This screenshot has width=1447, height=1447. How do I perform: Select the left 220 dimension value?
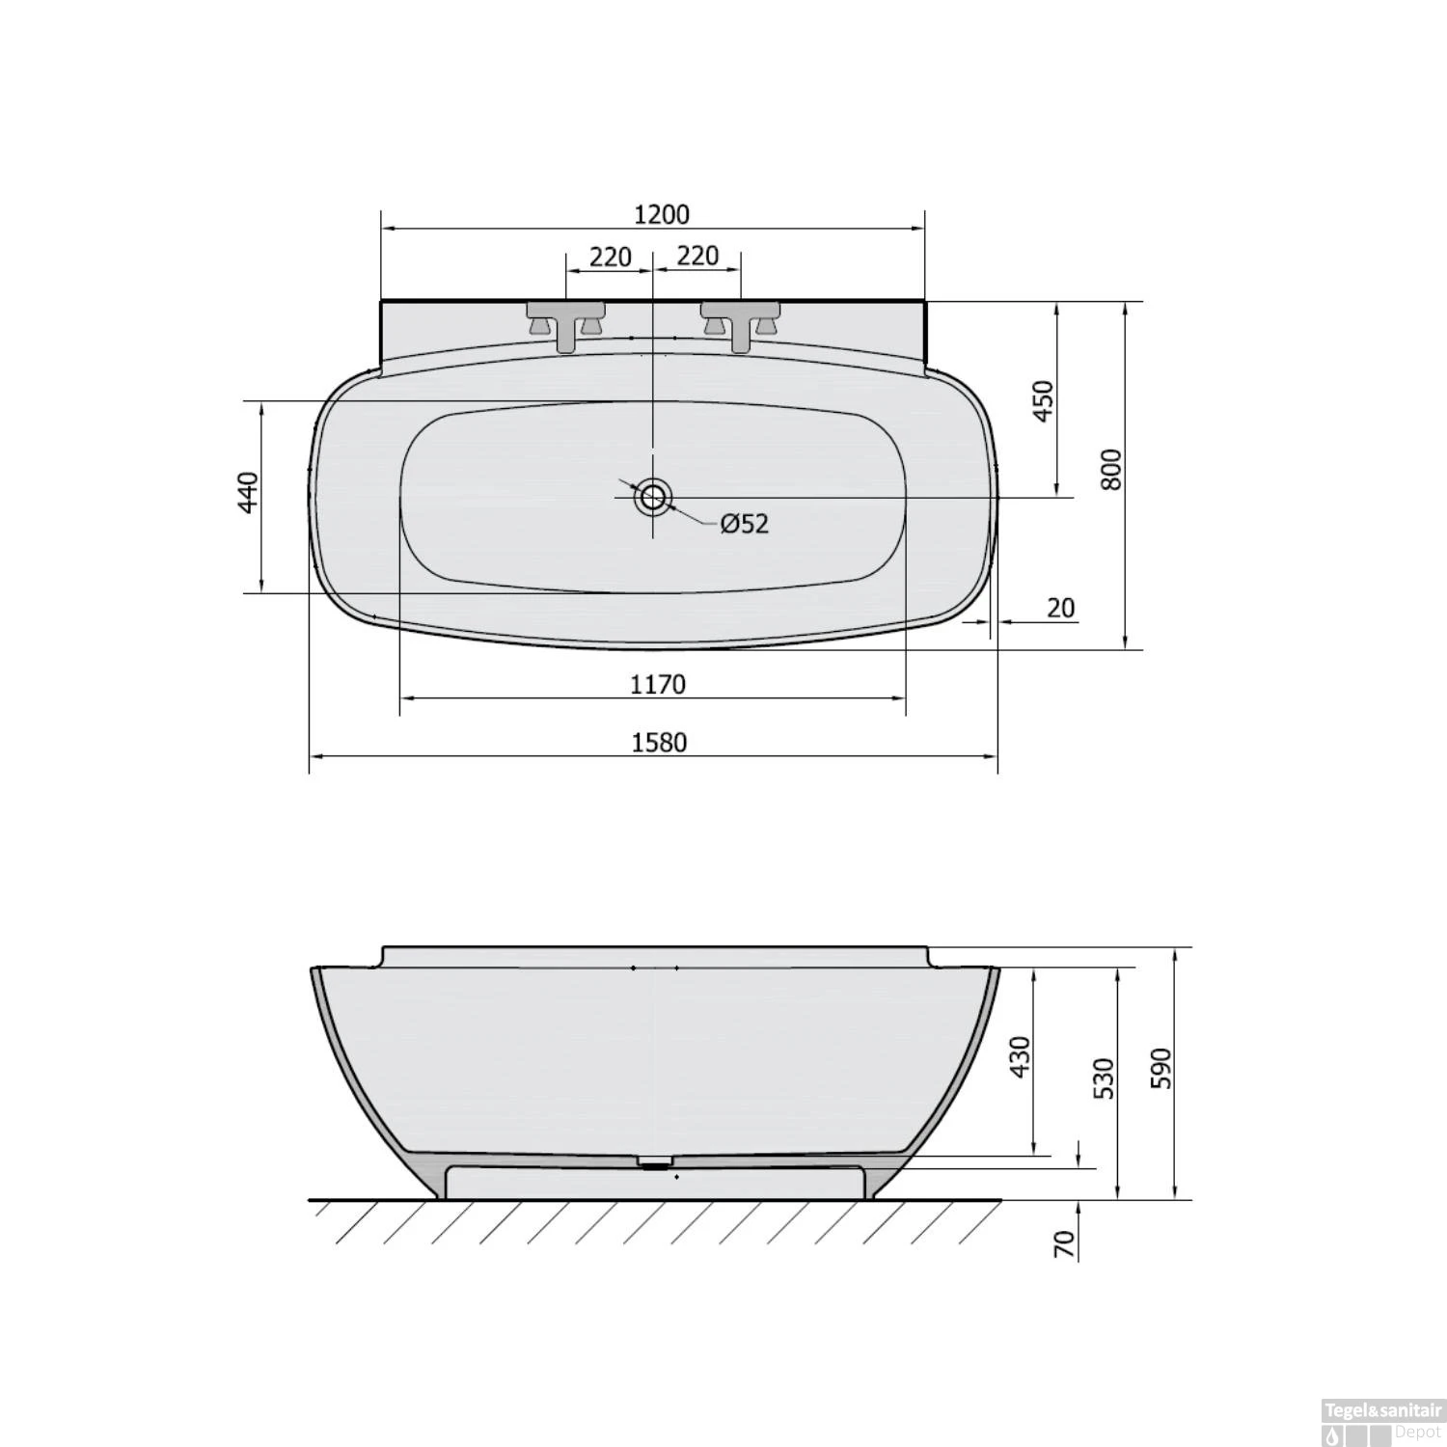pos(610,257)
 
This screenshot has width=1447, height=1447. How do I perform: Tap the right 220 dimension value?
pos(697,255)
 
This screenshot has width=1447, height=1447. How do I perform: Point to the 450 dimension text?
pos(1044,400)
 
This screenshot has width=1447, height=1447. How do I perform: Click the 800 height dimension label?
pos(1111,470)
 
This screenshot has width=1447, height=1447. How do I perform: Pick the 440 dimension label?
pos(249,492)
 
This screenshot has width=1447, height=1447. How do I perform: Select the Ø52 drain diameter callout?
pos(744,523)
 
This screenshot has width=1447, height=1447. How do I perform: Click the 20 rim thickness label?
pos(1060,608)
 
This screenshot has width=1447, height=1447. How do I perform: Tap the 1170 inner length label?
pos(658,684)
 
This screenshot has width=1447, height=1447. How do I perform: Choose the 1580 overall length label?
pos(660,742)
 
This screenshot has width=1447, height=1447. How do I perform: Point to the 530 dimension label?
pos(1105,1078)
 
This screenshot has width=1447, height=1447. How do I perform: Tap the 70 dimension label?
pos(1064,1243)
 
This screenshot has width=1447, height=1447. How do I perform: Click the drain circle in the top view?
pos(653,497)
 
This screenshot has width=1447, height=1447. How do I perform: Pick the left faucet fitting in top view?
pos(566,320)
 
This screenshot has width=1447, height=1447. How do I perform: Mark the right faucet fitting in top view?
pos(740,320)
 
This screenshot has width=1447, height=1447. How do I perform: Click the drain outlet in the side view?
pos(655,1161)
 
